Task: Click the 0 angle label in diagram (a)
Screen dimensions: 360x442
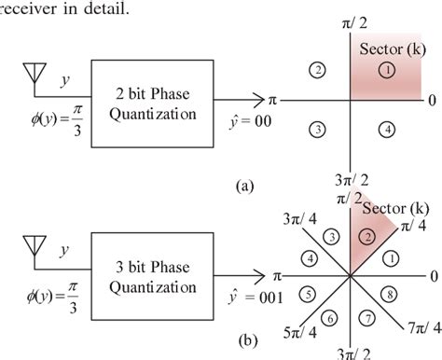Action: click(x=432, y=99)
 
